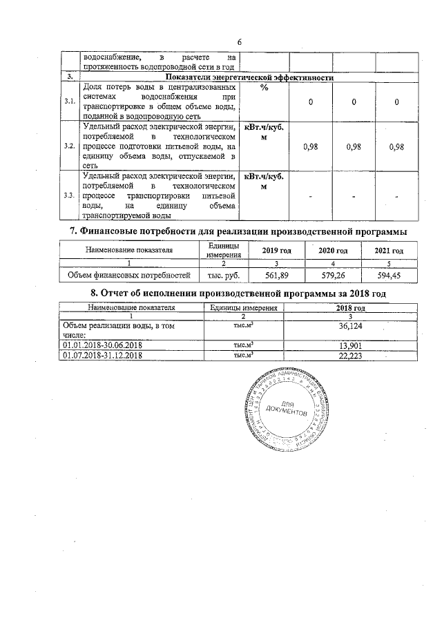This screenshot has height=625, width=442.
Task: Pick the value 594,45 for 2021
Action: pos(387,276)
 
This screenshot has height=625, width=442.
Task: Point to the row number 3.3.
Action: pos(69,196)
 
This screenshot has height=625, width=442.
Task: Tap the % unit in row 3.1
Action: pos(265,88)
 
